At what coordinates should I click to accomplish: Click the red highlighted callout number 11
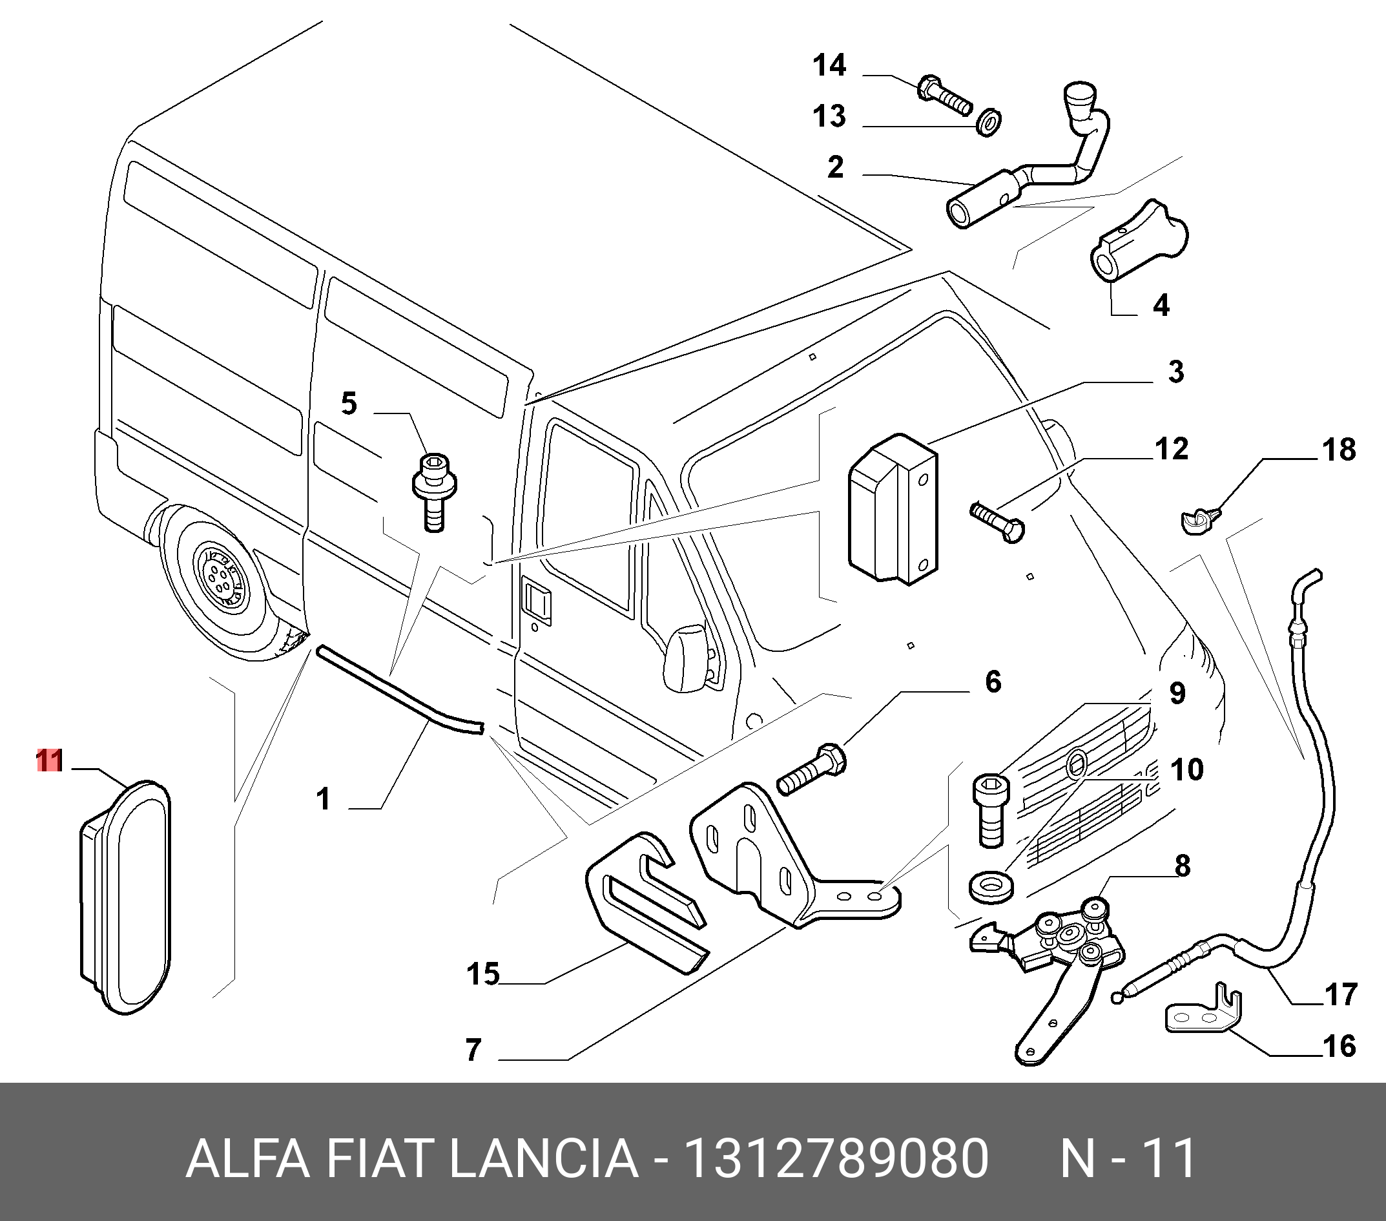coord(50,760)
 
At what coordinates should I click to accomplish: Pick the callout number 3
coord(1176,371)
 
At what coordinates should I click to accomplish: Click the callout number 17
coord(1340,995)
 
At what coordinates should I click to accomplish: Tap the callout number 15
coord(483,975)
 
